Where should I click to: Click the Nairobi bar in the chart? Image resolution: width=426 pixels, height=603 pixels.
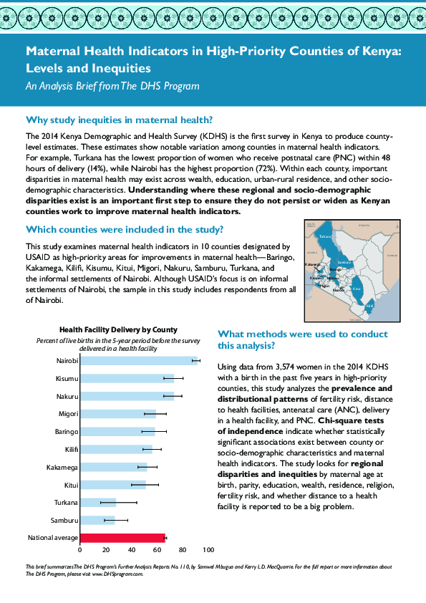(x=136, y=360)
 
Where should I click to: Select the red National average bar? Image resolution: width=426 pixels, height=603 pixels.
(x=122, y=538)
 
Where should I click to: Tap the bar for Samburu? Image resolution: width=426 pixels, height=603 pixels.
(x=97, y=520)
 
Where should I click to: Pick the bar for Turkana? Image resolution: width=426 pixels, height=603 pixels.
(x=98, y=502)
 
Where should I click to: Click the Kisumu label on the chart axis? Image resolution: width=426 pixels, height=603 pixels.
(x=67, y=378)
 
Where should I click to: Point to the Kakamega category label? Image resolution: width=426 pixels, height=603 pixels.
(x=63, y=467)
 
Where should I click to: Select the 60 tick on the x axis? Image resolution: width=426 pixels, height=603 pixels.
(x=158, y=550)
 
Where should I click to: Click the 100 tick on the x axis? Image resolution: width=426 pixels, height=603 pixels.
(x=208, y=550)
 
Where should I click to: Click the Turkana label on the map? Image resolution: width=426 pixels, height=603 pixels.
(x=325, y=237)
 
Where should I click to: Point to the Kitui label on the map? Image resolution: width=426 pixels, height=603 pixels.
(x=357, y=290)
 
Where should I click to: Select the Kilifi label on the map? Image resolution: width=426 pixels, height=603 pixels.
(x=369, y=305)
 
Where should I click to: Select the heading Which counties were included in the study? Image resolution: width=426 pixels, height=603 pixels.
(x=125, y=230)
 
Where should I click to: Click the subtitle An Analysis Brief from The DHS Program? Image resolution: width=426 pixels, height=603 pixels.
(x=112, y=86)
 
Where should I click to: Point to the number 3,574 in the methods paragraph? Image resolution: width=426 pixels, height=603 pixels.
(x=275, y=366)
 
